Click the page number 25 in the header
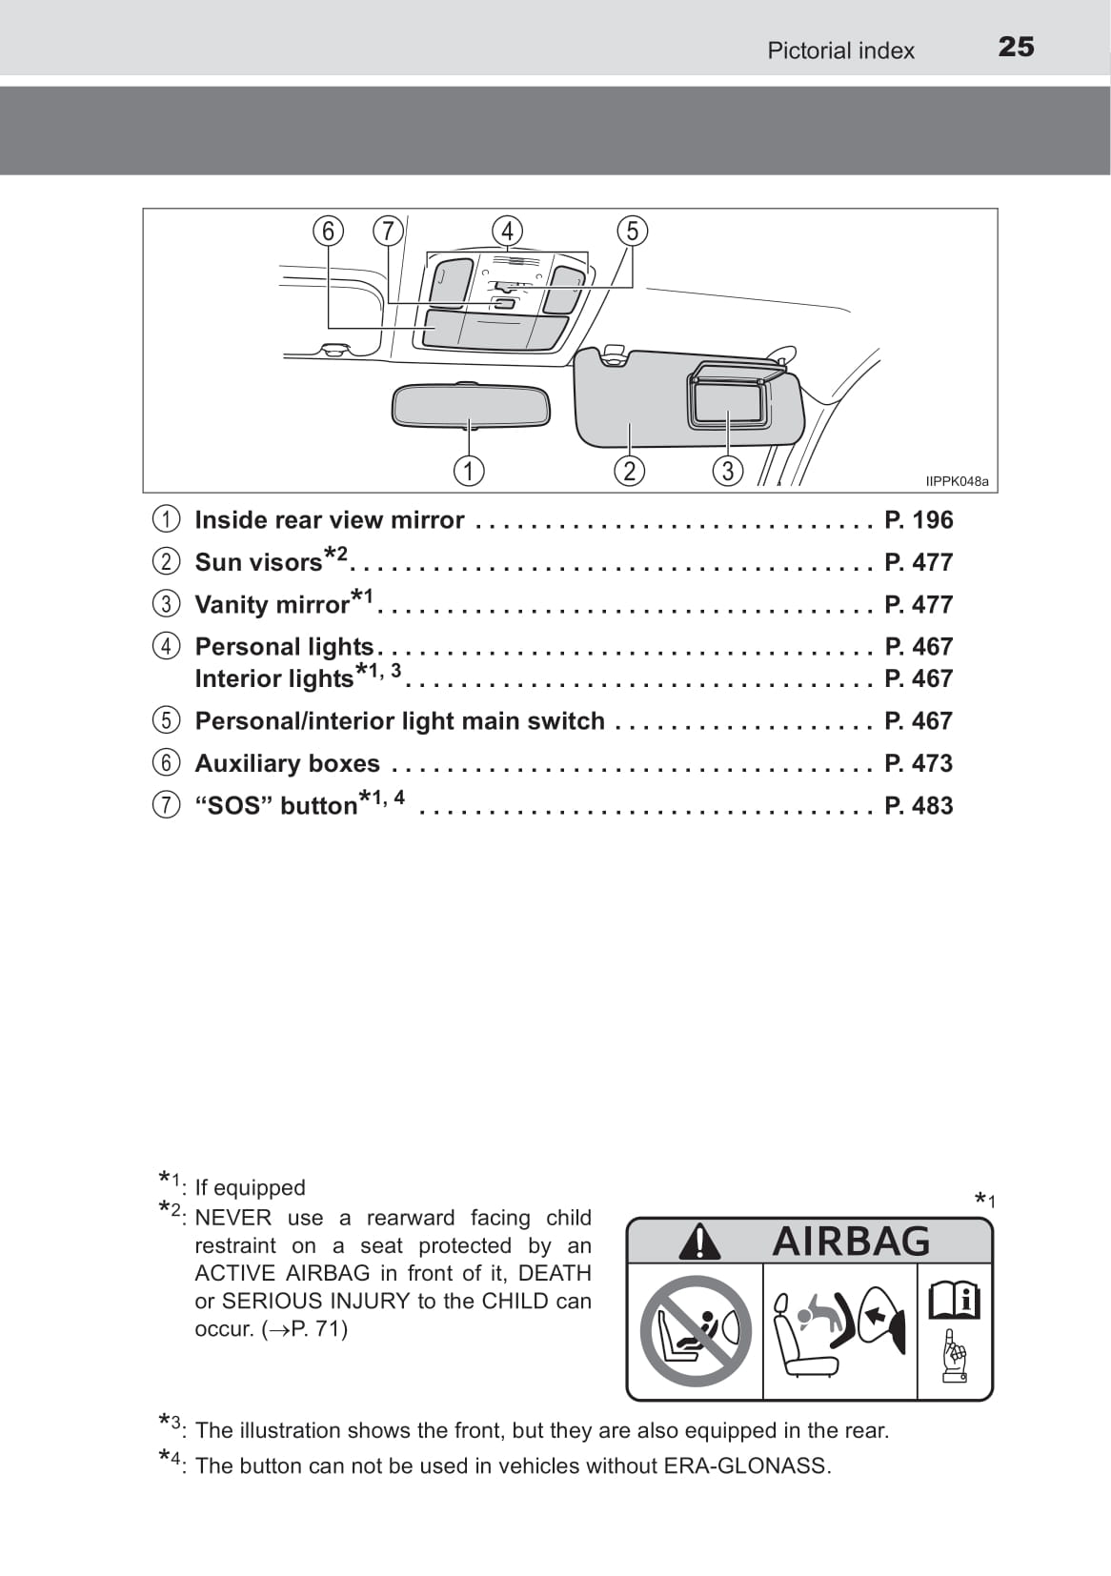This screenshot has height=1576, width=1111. click(1016, 47)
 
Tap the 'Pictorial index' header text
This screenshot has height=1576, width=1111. click(840, 51)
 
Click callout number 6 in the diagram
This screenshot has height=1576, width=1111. click(328, 232)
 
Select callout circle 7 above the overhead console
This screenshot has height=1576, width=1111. click(388, 232)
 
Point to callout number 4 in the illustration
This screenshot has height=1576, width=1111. click(507, 232)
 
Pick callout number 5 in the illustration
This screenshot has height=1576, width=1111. click(632, 232)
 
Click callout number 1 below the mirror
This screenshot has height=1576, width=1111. click(469, 471)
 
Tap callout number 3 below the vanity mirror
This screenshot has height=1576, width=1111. click(728, 471)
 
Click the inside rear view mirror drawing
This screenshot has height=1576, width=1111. click(471, 406)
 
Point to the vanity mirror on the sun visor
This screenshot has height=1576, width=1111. click(729, 401)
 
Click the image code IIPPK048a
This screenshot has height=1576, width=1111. click(957, 482)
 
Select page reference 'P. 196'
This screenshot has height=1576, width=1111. click(919, 520)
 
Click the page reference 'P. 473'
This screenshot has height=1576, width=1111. click(919, 763)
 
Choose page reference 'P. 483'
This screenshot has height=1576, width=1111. click(919, 806)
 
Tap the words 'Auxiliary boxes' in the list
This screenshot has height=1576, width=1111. click(287, 763)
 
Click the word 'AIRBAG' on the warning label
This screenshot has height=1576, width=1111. click(851, 1242)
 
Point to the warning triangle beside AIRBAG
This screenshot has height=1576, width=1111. click(700, 1242)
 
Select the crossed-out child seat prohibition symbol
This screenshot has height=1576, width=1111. click(696, 1331)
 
